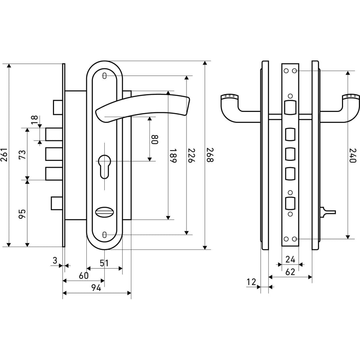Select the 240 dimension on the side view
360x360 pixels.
(353, 156)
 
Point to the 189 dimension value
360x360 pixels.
(173, 156)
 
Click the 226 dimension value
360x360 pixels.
(192, 156)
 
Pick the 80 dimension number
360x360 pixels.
(155, 139)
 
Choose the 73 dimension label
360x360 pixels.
(22, 155)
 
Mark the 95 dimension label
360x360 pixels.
(22, 214)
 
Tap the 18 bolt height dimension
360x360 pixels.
(34, 120)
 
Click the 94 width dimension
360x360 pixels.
(96, 288)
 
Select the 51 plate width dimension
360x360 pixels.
(104, 263)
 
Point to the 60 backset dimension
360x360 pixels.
(84, 275)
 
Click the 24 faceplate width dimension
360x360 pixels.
(290, 260)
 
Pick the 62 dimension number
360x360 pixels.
(290, 272)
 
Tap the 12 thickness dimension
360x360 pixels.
(251, 282)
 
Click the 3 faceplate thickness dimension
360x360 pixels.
(55, 261)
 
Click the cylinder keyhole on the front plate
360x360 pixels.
(104, 166)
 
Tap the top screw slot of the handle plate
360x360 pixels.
(104, 76)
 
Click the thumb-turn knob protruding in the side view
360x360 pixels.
(328, 212)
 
